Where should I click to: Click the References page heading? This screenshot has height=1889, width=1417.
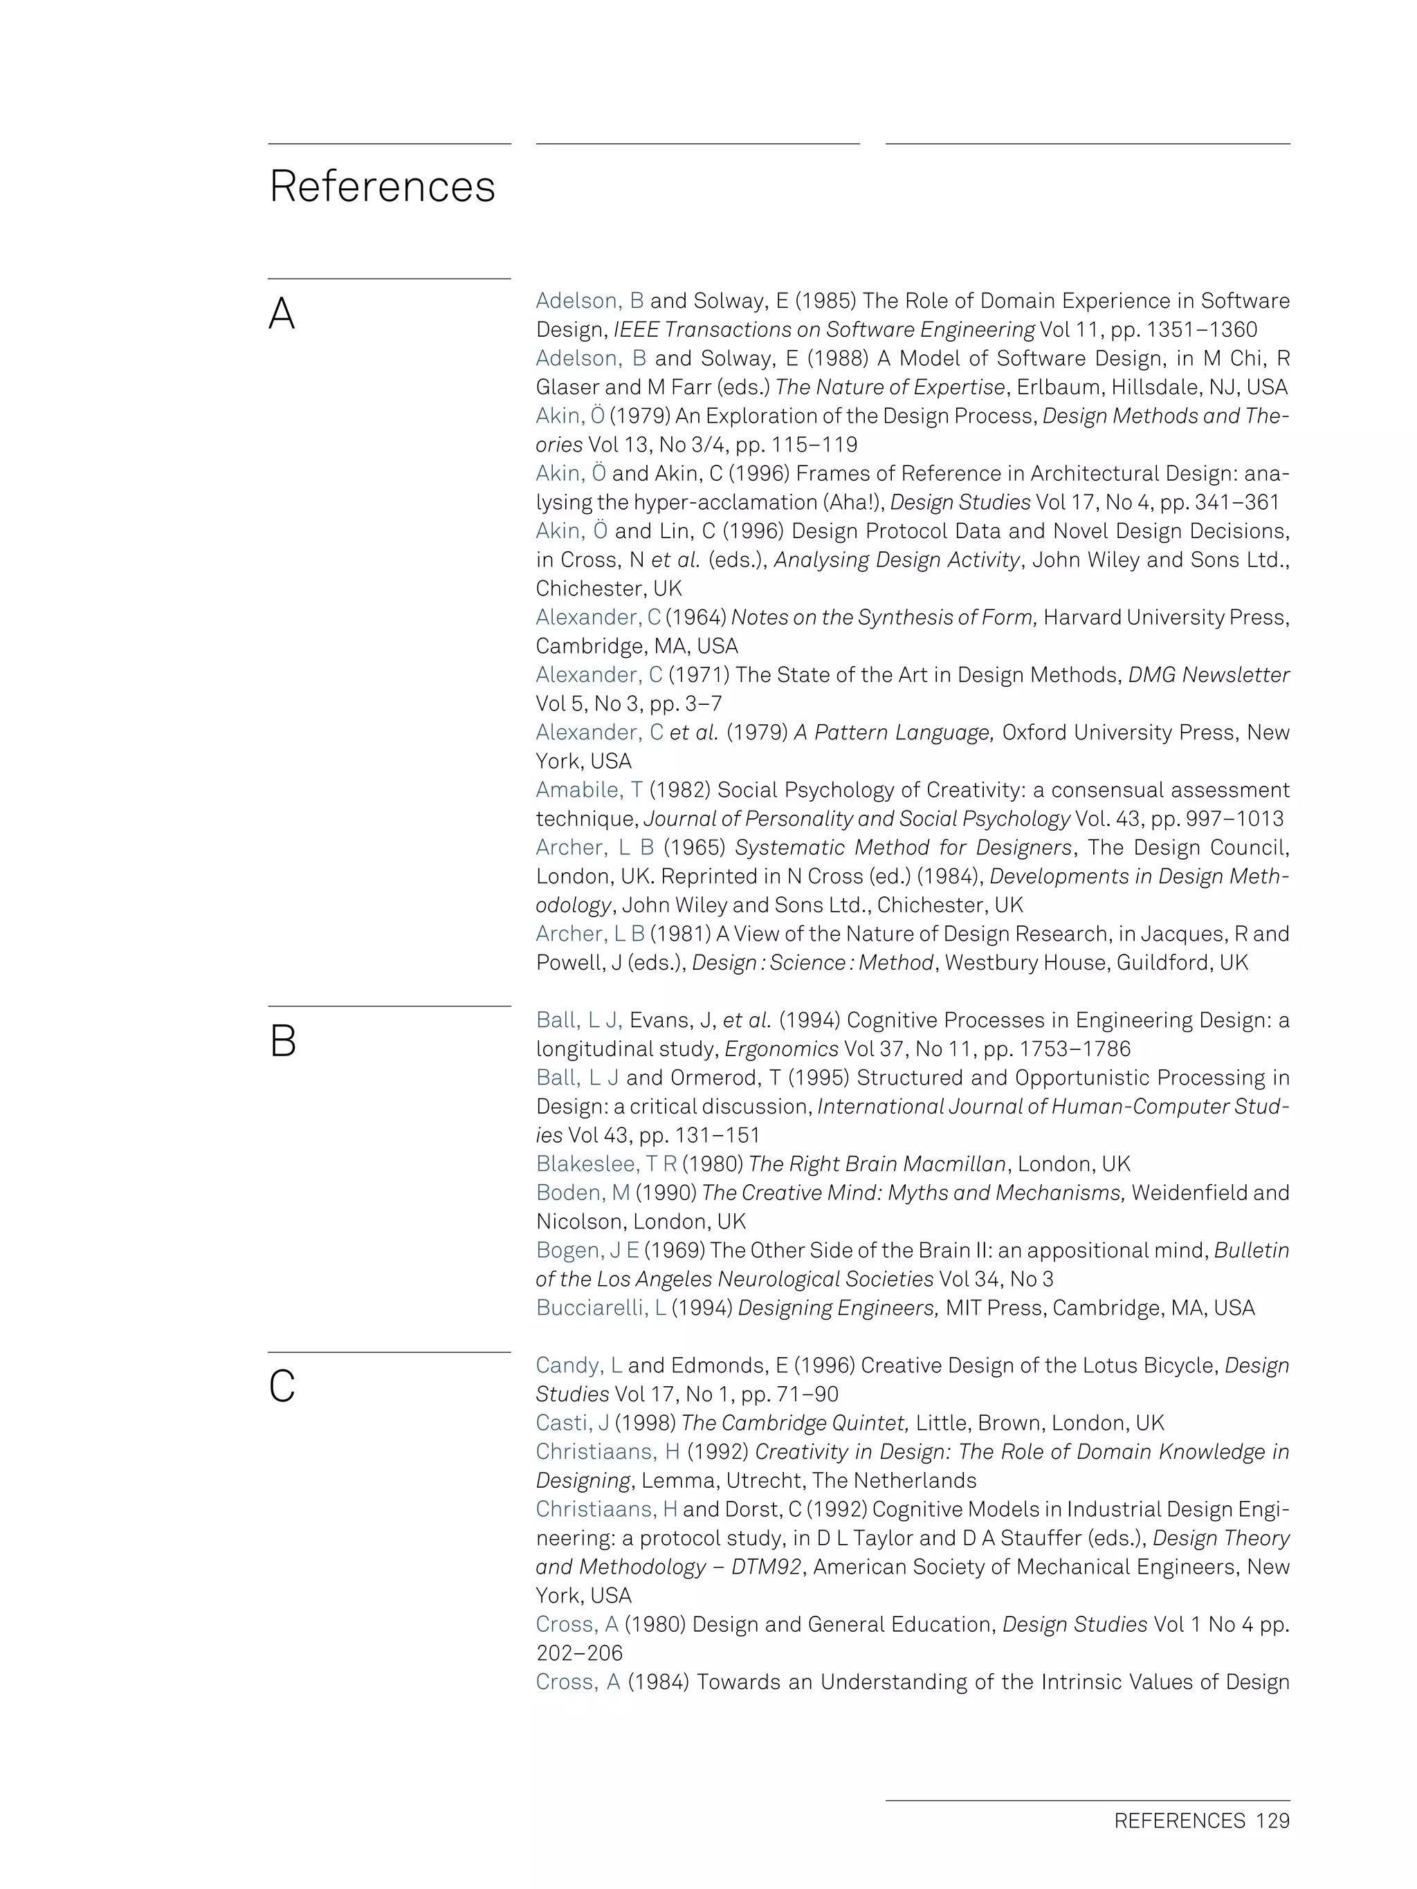382,186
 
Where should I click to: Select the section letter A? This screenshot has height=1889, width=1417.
282,314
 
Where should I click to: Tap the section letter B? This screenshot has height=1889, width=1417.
283,1042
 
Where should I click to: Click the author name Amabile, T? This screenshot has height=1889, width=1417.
589,790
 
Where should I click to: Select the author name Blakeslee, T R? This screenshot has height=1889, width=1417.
605,1164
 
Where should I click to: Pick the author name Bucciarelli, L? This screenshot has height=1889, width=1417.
601,1307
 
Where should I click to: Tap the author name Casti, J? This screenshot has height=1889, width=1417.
572,1423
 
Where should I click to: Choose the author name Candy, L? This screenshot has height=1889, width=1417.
578,1365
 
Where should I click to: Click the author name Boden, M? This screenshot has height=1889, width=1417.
583,1192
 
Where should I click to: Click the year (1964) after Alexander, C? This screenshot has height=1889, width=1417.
695,618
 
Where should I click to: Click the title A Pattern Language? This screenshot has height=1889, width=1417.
893,732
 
